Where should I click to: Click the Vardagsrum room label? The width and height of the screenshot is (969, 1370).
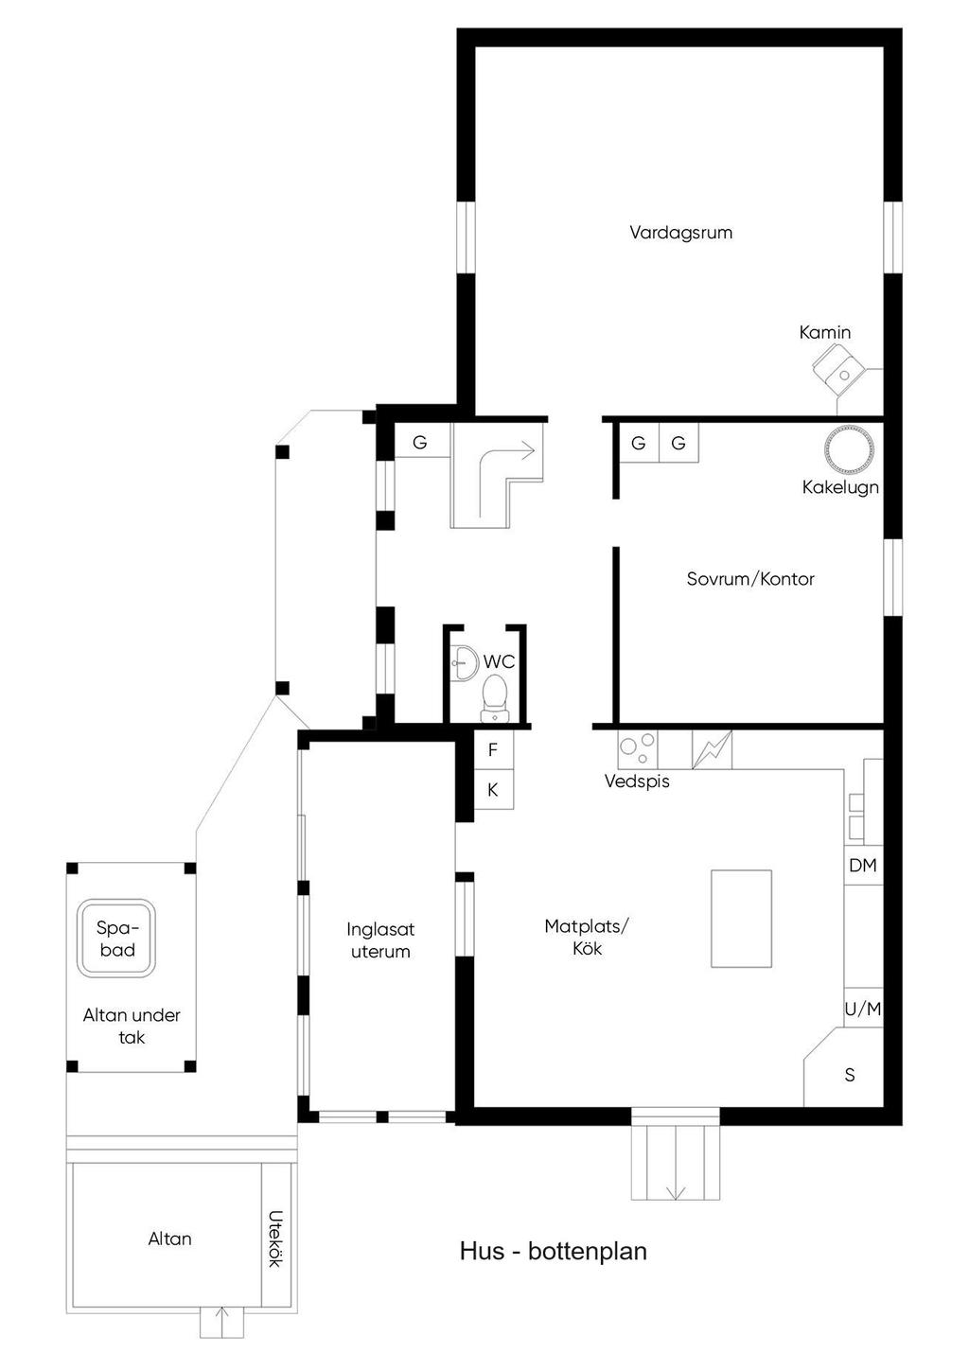(x=680, y=232)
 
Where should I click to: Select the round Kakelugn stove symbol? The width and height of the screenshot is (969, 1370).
(x=847, y=450)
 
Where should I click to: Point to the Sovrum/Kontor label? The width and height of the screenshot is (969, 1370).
(x=750, y=579)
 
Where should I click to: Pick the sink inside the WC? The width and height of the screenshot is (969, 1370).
(x=463, y=659)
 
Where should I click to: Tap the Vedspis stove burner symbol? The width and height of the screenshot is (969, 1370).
(x=637, y=749)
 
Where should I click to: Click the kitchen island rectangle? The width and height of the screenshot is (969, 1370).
(x=741, y=919)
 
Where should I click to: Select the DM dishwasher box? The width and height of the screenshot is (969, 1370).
(x=863, y=866)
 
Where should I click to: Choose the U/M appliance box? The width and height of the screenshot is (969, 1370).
(x=863, y=1010)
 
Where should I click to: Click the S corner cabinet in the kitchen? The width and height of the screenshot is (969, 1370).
(x=849, y=1075)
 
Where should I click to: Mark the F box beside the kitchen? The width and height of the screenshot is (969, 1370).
(x=493, y=750)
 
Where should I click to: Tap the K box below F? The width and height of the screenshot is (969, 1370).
(x=493, y=790)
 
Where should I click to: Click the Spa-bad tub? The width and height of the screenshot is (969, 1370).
(x=116, y=939)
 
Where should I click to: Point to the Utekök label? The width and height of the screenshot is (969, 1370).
(x=275, y=1238)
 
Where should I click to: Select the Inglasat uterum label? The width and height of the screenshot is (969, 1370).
(x=380, y=940)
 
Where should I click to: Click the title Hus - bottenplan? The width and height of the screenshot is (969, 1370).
(x=553, y=1251)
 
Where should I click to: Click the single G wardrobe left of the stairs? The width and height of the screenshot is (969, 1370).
(x=420, y=442)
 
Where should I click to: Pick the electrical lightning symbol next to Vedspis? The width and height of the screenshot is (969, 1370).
(x=712, y=749)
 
